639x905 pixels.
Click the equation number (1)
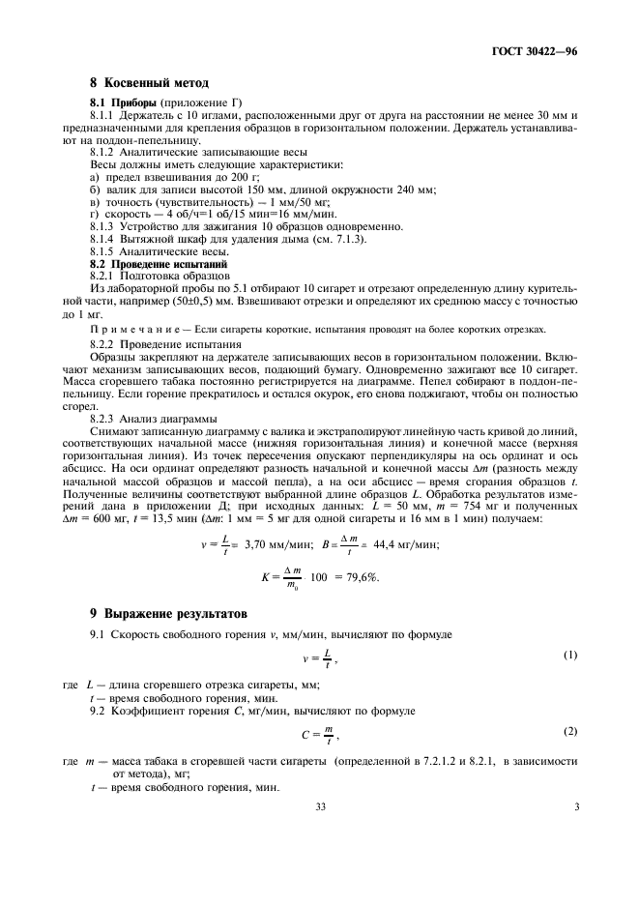[x=571, y=656]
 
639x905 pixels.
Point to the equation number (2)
[x=571, y=731]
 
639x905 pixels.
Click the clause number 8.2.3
[x=103, y=418]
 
